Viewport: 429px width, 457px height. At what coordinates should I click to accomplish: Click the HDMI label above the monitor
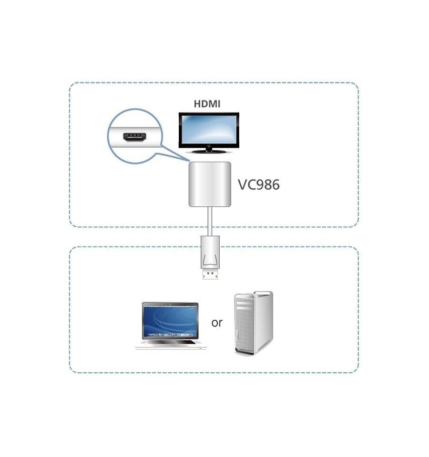click(x=207, y=104)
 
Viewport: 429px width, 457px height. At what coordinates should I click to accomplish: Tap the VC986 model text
click(x=259, y=184)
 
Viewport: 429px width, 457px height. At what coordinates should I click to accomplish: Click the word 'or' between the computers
click(x=217, y=323)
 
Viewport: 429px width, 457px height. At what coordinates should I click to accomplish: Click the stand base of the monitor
click(x=208, y=151)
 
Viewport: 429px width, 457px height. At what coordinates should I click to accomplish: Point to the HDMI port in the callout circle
click(x=134, y=137)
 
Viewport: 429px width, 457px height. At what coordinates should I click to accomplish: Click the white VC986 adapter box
click(x=210, y=184)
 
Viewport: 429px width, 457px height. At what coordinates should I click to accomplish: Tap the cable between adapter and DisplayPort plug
click(x=210, y=222)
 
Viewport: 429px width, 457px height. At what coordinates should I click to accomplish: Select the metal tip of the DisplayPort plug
click(x=210, y=274)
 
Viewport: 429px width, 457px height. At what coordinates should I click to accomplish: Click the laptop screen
click(x=170, y=321)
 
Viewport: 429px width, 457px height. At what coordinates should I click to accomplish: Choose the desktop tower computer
click(x=254, y=323)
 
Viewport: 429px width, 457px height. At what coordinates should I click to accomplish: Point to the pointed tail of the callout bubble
click(x=188, y=160)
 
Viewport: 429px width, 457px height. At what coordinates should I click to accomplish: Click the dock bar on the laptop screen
click(x=170, y=335)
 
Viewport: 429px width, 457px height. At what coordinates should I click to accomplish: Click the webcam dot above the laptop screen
click(x=170, y=305)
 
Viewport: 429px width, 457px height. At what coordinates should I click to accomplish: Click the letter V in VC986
click(x=242, y=184)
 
